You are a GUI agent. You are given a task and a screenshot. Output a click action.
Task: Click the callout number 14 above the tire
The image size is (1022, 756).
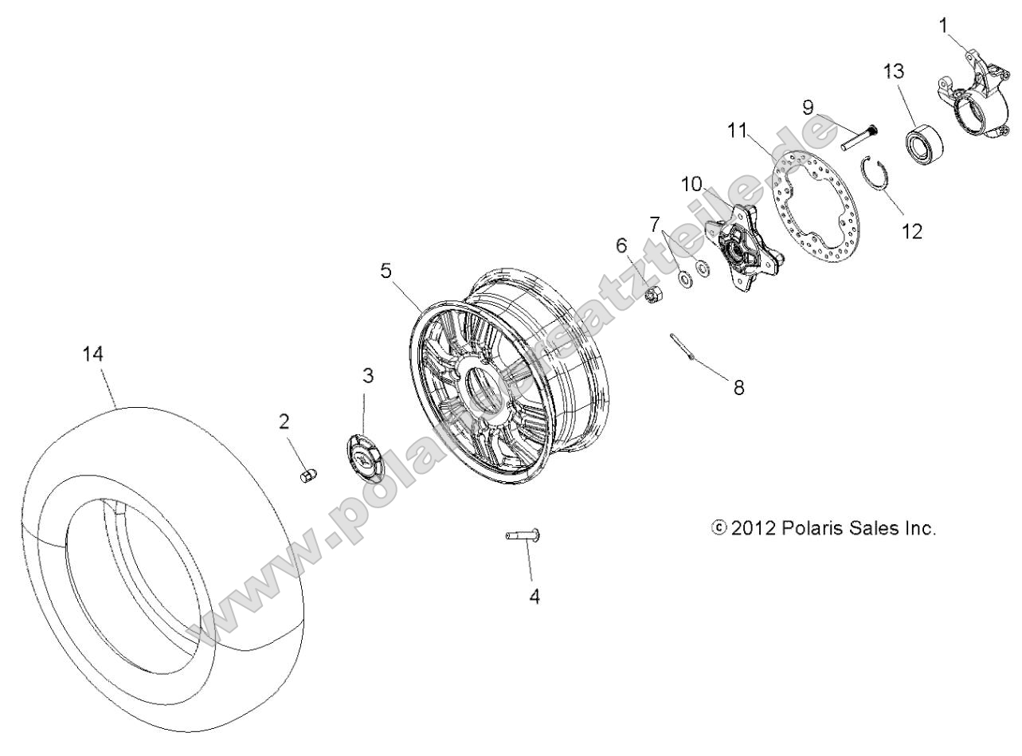(94, 355)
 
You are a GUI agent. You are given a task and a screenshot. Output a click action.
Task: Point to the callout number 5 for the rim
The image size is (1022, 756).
(386, 271)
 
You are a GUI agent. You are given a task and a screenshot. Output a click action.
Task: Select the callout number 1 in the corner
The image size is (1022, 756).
(943, 25)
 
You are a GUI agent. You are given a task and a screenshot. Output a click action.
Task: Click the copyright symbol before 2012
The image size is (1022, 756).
(719, 529)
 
